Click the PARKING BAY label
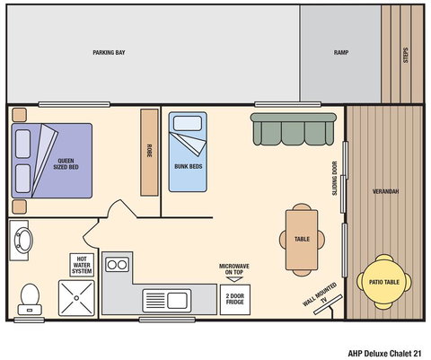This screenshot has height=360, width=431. point(109,53)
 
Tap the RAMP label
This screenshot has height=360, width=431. point(340,53)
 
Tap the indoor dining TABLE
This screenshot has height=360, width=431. point(302,240)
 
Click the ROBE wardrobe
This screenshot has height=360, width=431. point(148,152)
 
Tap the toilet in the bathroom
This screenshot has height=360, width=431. point(31,294)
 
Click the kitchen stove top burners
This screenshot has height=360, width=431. point(118,264)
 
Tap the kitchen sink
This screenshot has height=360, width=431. point(170,300)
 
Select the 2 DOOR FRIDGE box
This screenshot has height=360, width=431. point(234,298)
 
